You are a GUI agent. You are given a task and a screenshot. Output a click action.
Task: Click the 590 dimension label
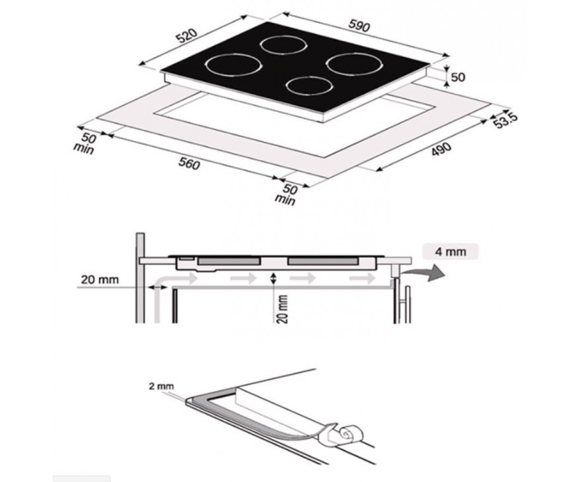359,26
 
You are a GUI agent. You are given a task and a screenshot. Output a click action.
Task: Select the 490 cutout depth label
441,149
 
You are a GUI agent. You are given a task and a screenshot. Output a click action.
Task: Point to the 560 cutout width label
189,163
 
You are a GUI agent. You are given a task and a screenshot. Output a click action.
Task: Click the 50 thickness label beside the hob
458,77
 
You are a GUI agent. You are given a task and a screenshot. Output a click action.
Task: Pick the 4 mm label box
450,252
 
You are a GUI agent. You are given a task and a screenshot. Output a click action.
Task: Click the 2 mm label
161,386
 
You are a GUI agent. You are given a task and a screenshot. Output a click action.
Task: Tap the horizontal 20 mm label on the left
100,280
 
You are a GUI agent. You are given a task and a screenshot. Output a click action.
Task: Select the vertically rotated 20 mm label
282,309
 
